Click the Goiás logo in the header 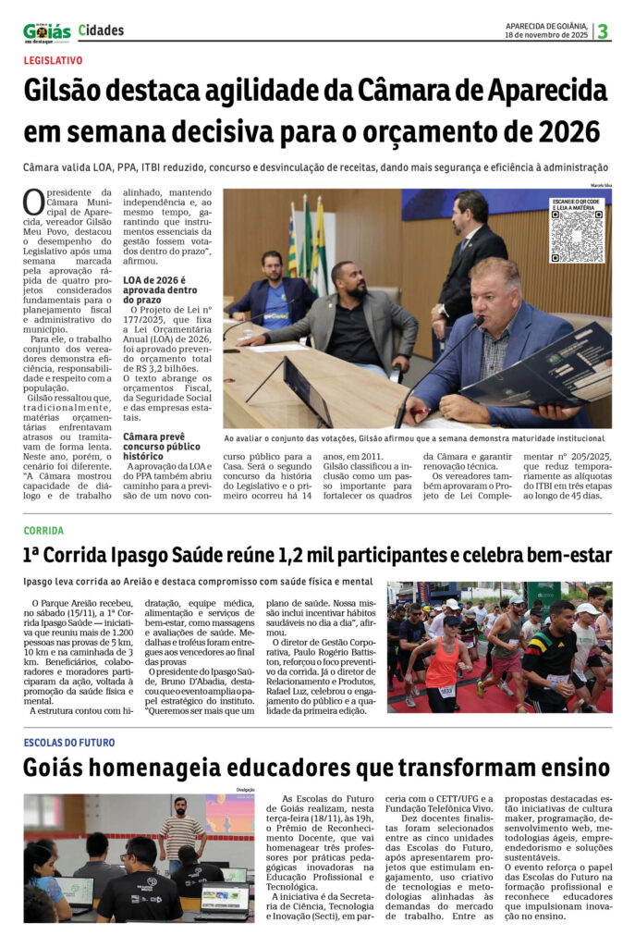pos(46,32)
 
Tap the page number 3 pos(603,31)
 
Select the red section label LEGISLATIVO pos(53,60)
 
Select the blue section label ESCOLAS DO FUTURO pos(69,743)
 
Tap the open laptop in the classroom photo pos(222,898)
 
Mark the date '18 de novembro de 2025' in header pos(546,35)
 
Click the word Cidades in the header pos(101,31)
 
